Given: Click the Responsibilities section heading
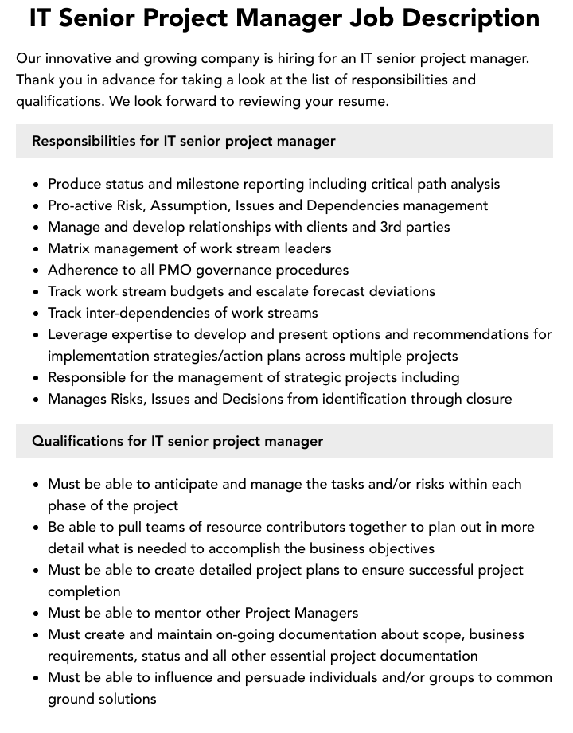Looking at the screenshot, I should coord(183,141).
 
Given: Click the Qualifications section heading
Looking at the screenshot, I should coord(177,441).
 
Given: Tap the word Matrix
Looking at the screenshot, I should coord(70,248).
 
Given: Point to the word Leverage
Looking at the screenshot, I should coord(79,334).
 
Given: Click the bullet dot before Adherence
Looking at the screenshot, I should coord(37,271).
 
